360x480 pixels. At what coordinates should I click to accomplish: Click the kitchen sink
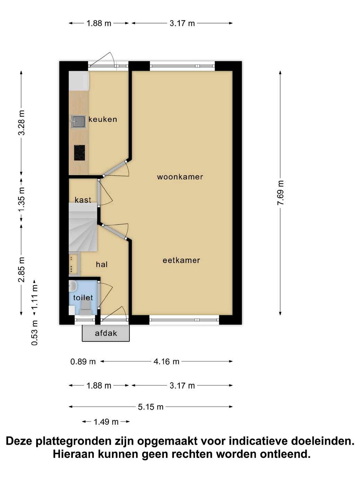tap(78, 121)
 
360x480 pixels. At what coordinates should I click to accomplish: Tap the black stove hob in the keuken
tap(79, 153)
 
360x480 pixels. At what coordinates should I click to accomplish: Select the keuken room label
tap(103, 119)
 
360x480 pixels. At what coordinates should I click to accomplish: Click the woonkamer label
tap(180, 177)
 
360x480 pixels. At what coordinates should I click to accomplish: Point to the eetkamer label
tap(181, 260)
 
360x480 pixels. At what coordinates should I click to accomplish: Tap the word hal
tap(102, 264)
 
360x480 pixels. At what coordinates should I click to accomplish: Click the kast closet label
tap(83, 200)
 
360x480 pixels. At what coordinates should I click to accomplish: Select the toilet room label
tap(83, 298)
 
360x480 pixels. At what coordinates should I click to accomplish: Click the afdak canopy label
tap(106, 333)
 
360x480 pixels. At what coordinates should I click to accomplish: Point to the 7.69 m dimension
tap(280, 193)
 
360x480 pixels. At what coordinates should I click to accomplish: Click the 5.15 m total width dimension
tap(151, 407)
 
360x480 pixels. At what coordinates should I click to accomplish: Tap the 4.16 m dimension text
tap(166, 361)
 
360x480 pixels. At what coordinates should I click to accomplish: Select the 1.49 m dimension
tap(106, 422)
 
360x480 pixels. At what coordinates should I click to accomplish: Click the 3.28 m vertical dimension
tap(22, 123)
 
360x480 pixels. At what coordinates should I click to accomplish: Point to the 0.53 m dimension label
tap(35, 333)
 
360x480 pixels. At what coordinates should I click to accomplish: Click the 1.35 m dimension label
tap(22, 199)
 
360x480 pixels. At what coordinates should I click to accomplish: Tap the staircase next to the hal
tap(83, 228)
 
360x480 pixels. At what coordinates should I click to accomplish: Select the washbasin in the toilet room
tap(72, 286)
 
